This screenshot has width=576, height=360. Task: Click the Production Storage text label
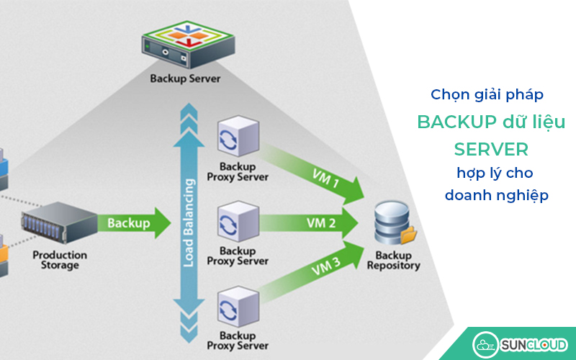60,260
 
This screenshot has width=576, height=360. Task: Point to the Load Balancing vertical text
189,223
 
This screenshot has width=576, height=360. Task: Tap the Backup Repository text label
393,261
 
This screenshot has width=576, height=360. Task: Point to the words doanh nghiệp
496,195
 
